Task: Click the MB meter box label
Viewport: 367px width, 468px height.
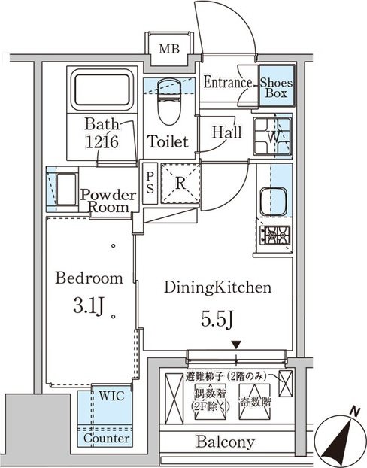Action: click(x=169, y=48)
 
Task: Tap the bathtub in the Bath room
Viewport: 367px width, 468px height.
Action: click(x=102, y=90)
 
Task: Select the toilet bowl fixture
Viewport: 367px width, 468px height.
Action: click(x=169, y=102)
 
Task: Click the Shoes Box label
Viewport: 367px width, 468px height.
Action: click(x=276, y=88)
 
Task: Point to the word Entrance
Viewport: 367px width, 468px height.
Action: click(x=228, y=82)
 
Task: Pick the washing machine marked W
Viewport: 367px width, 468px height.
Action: click(x=272, y=136)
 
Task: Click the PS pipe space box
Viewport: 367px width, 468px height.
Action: click(x=150, y=184)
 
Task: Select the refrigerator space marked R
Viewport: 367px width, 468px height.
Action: click(x=180, y=184)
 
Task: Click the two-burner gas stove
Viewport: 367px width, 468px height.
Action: click(x=274, y=236)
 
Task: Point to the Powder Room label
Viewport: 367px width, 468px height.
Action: click(x=108, y=201)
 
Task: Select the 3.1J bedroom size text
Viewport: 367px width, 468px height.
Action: click(x=89, y=307)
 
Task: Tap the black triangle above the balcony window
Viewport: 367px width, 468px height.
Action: click(x=236, y=345)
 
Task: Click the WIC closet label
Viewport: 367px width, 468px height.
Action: click(x=111, y=396)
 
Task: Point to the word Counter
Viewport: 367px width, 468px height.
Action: click(x=107, y=438)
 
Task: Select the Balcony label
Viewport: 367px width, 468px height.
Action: click(x=226, y=442)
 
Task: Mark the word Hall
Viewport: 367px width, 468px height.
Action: click(x=227, y=132)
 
